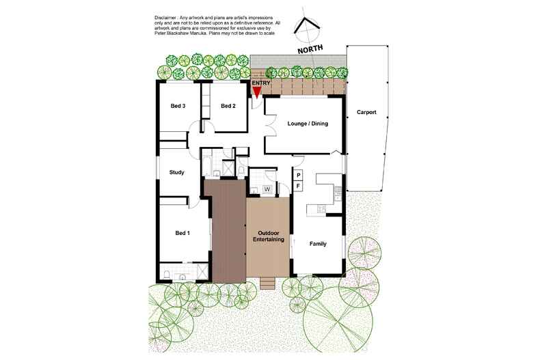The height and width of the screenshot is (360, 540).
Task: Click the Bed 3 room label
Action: coord(178,106)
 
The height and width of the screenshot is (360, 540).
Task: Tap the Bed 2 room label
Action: coord(228,106)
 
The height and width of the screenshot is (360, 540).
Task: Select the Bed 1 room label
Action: coord(183,234)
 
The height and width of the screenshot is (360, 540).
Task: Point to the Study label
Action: coord(177,172)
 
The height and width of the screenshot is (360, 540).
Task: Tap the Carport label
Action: coord(366,112)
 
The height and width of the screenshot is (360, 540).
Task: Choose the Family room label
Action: coord(317,244)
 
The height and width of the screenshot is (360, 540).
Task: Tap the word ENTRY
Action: coord(261,83)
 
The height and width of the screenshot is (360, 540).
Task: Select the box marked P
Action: coord(299,176)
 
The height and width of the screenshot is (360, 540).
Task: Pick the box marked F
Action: coord(299,185)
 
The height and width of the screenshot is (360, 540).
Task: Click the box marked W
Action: coord(267,189)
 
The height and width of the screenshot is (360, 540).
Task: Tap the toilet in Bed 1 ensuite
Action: coord(167,275)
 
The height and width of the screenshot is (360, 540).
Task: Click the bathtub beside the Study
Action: coord(208,166)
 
